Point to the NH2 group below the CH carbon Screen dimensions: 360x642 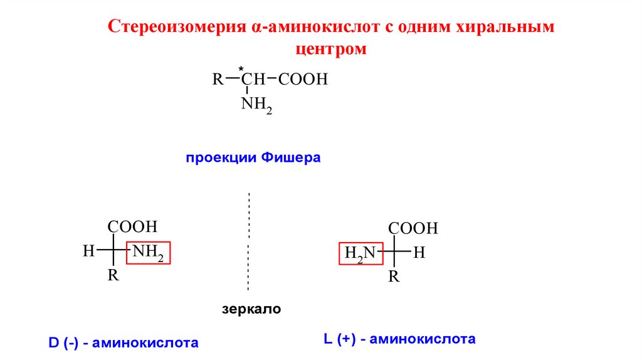click(256, 105)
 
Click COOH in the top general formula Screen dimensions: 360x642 click(303, 80)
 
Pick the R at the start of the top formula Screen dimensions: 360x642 click(217, 80)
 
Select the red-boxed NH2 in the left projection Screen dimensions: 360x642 click(149, 253)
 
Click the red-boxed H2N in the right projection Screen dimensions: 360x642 click(359, 253)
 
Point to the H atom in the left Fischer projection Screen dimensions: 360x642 click(88, 252)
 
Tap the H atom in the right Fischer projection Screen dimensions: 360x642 click(419, 253)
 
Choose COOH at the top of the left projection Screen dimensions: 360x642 click(132, 226)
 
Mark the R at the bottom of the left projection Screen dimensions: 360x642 click(113, 275)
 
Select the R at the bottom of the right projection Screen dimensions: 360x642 click(394, 277)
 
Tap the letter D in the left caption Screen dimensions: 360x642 click(53, 343)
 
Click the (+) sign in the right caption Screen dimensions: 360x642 click(345, 339)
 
